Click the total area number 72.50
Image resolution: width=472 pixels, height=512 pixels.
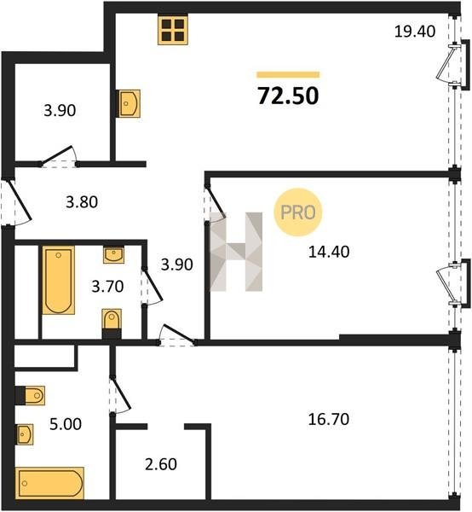(288, 96)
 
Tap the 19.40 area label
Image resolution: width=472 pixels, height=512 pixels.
(415, 32)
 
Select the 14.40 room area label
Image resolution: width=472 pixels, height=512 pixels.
(329, 252)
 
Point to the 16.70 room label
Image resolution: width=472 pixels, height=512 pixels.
(329, 419)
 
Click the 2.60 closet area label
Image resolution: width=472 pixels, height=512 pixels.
(161, 464)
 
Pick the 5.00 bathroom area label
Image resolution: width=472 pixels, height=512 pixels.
(66, 424)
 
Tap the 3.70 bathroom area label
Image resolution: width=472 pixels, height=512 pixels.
(107, 287)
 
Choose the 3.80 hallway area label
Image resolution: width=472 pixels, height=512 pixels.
(82, 202)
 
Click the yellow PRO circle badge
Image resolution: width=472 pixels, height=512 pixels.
(298, 212)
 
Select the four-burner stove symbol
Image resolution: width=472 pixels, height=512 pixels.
(173, 30)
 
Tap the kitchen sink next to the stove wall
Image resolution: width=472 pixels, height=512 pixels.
(129, 103)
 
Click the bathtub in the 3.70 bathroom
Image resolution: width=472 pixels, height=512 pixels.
(59, 280)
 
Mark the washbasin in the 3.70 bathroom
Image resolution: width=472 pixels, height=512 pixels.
(113, 254)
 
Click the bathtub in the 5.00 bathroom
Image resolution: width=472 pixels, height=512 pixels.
(49, 483)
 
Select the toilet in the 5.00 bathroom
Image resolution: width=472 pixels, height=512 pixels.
(31, 395)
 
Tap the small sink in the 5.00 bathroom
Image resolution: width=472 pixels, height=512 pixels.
(25, 434)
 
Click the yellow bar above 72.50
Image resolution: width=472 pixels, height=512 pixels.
(288, 75)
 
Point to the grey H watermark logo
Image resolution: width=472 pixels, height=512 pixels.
(236, 252)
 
